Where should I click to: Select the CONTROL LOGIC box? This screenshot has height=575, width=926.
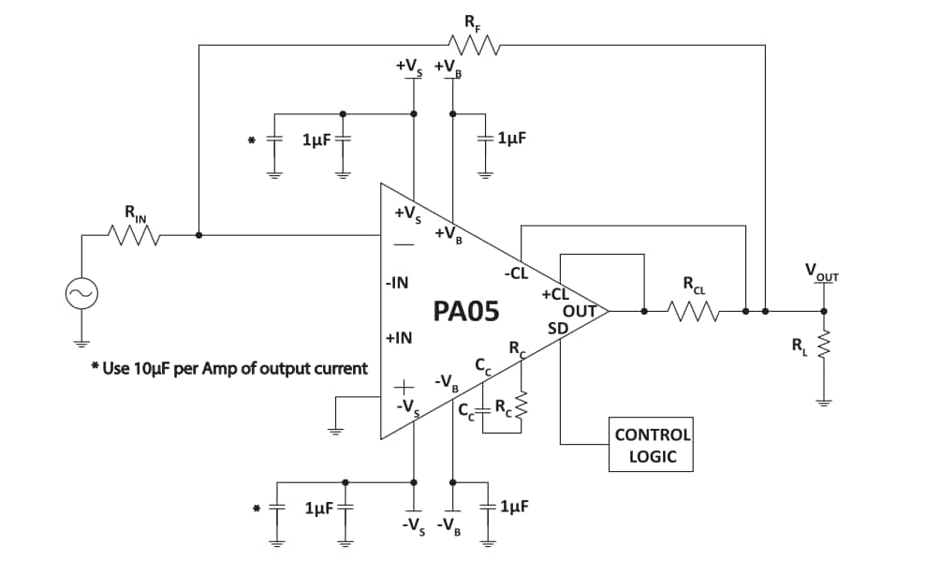pos(652,445)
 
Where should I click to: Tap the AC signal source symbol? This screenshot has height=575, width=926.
pos(81,295)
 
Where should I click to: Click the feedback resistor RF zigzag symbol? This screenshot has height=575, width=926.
pos(476,43)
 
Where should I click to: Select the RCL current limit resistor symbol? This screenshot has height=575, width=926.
pos(694,310)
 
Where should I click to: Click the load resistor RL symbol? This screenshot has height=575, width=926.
pos(824,347)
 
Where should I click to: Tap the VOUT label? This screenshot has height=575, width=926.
pos(822,273)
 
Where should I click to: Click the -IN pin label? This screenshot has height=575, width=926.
pos(397,282)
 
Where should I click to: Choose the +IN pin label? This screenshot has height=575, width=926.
pos(398,338)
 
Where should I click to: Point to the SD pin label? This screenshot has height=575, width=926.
pos(557,327)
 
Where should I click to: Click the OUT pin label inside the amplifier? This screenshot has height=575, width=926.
pos(580,311)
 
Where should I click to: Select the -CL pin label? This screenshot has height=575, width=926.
pos(517,273)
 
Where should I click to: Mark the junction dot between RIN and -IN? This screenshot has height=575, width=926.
pos(198,235)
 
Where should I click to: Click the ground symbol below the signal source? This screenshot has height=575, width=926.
pos(81,341)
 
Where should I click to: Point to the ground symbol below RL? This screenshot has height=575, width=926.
pos(824,404)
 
